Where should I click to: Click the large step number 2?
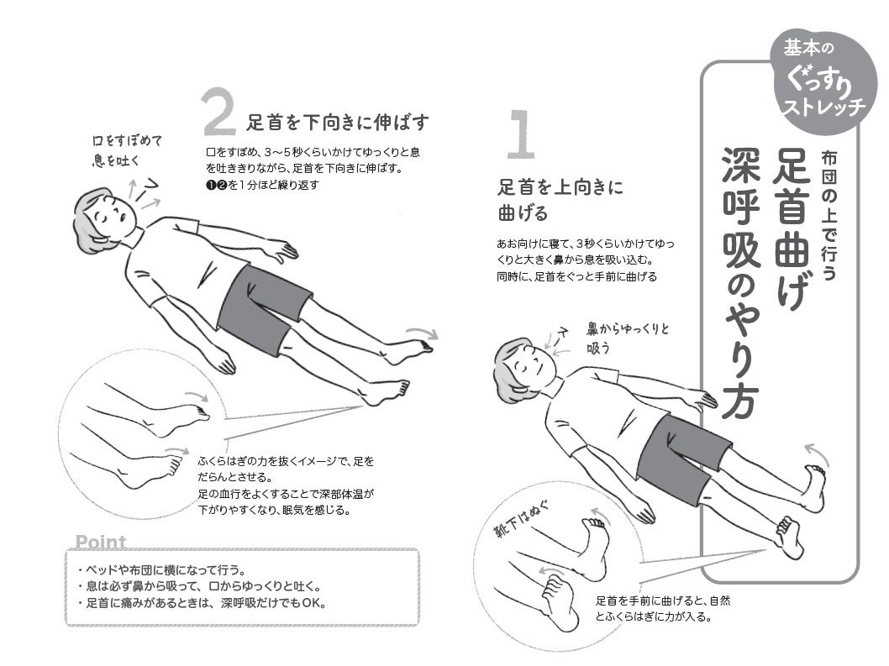pos(218,112)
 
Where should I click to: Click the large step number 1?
pos(520,134)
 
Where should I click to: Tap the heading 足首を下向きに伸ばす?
pos(337,122)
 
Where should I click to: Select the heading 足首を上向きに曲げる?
pos(560,200)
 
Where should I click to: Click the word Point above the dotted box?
pos(100,542)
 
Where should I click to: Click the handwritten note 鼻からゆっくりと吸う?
pos(628,338)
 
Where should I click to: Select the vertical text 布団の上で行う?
pos(829,215)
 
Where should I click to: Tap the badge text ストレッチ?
pos(824,106)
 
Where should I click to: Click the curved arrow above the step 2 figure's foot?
pos(422,332)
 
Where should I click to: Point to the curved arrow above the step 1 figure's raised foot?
pos(816,454)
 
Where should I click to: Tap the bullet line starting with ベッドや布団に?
pos(161,569)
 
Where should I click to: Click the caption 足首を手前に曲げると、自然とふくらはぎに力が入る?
pos(663,608)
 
